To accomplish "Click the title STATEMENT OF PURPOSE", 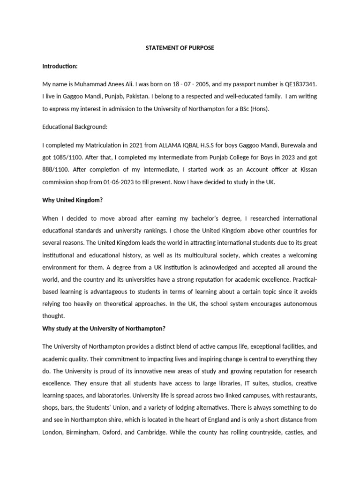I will click(180, 48).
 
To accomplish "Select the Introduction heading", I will click(60, 66).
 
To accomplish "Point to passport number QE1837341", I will click(297, 84).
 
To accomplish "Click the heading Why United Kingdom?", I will click(72, 200).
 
